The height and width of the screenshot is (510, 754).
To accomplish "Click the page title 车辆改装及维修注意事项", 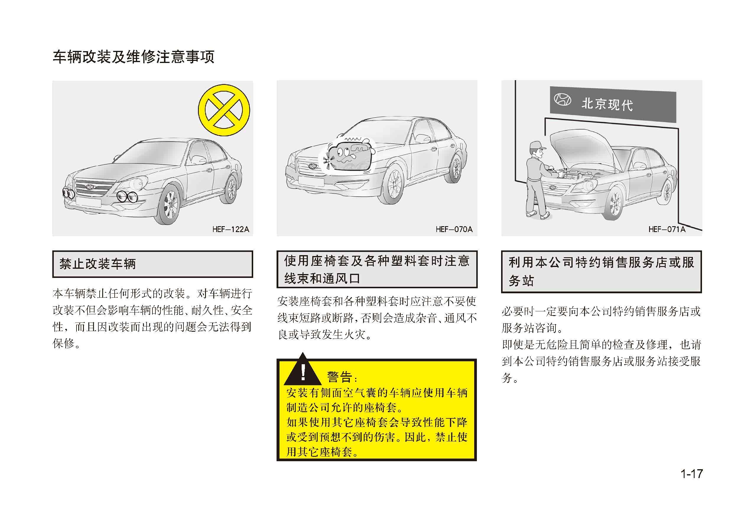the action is click(133, 57).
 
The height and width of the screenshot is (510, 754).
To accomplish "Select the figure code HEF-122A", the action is click(231, 229).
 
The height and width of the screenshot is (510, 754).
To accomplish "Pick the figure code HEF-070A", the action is click(454, 229).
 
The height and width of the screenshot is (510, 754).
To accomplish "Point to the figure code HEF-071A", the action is click(667, 229).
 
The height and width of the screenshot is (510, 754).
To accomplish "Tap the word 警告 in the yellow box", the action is click(340, 377).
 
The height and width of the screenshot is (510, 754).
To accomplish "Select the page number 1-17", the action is click(691, 474).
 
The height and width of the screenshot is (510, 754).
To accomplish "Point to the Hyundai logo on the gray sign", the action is click(562, 100).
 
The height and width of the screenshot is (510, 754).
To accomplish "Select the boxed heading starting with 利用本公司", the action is click(601, 272).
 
